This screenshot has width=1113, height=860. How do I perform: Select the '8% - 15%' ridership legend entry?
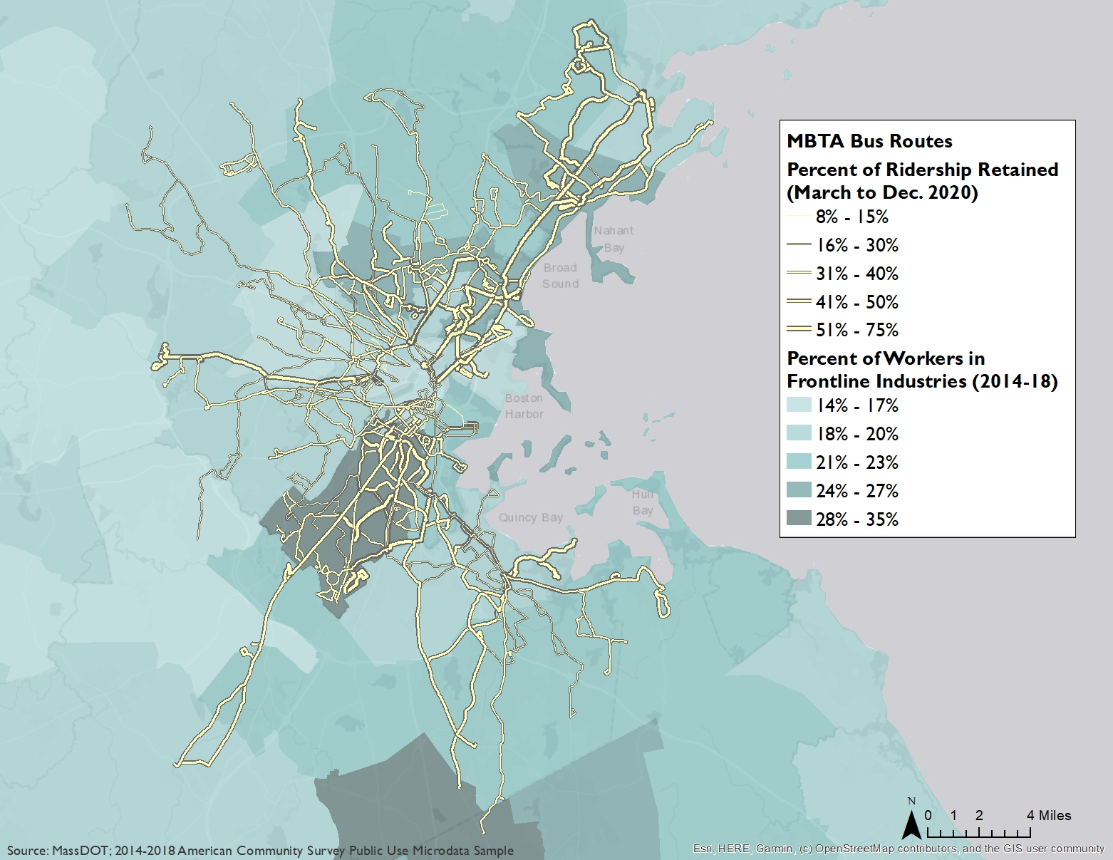click(851, 217)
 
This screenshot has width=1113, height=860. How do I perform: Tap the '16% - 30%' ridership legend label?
click(856, 245)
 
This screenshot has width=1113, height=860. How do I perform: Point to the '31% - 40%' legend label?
click(856, 274)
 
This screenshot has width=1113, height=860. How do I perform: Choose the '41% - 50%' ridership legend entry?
click(856, 302)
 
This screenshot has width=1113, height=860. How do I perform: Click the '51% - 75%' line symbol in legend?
click(799, 329)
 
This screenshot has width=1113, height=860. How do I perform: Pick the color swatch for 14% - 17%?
click(799, 405)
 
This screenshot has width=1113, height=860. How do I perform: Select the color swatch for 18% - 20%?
click(799, 434)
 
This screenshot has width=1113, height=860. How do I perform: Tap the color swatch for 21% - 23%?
click(799, 462)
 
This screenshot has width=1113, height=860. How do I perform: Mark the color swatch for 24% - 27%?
click(799, 491)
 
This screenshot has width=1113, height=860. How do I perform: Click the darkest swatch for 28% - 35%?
click(799, 519)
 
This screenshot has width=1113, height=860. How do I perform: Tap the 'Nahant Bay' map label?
click(613, 239)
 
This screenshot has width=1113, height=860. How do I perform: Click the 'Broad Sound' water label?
click(560, 276)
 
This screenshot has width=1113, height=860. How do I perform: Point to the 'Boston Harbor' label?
click(524, 406)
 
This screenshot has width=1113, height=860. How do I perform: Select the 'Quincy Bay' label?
click(530, 517)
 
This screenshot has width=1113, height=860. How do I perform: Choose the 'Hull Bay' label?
click(642, 502)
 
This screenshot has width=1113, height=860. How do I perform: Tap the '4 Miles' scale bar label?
click(1049, 815)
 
